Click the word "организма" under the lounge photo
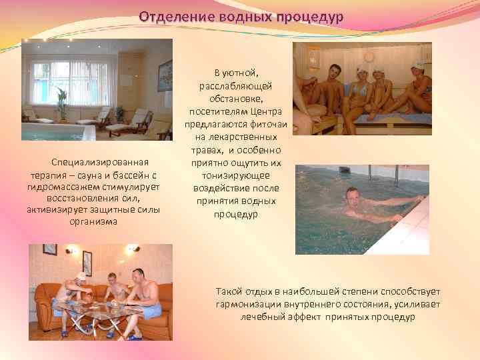[x=93, y=222]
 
